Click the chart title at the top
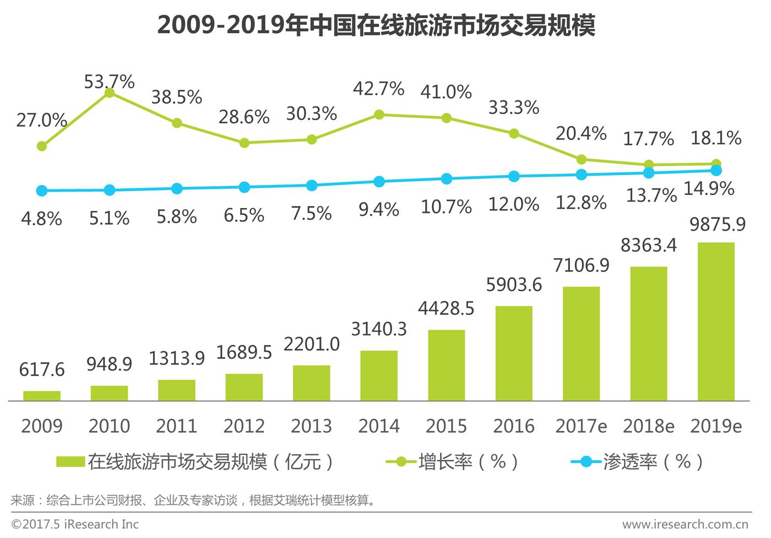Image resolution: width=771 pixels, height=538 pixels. point(376,25)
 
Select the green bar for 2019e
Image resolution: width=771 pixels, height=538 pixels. point(715,322)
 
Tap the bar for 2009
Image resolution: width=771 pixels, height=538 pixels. point(42,395)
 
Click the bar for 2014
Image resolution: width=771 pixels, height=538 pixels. point(379,376)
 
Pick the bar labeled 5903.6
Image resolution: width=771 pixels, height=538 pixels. point(513,353)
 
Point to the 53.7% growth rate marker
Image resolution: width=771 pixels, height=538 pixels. point(110,93)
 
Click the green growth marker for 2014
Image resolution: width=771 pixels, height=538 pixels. point(379,115)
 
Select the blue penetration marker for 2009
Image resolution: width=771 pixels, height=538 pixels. point(42,191)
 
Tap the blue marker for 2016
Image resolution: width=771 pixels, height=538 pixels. point(514,176)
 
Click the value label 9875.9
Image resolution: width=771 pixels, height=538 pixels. point(718,225)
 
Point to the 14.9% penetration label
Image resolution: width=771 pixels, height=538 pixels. point(709,189)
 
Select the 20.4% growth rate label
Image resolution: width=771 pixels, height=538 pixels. point(581,133)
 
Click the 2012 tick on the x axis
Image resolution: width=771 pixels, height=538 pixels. point(244,426)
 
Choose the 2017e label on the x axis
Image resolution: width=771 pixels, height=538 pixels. point(581,426)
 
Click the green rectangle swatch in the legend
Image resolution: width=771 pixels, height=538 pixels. point(70,461)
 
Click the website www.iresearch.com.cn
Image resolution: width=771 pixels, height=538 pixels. point(685,524)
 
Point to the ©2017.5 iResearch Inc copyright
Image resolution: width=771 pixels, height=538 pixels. point(75,524)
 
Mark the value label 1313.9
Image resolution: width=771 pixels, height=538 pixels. point(176,358)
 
